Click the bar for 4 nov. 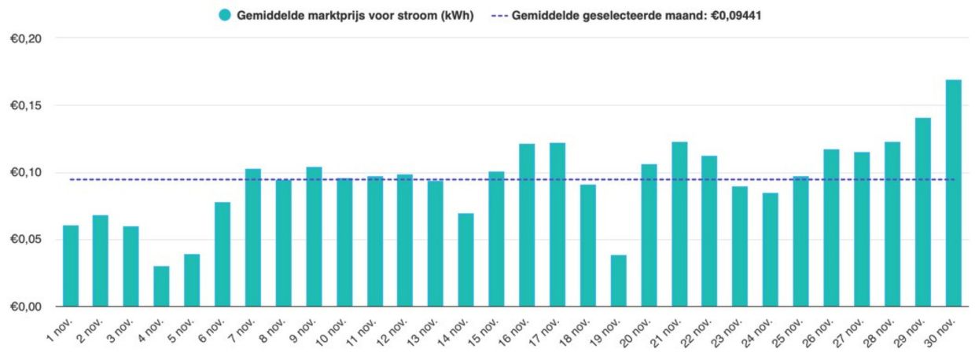click(161, 286)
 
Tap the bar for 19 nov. click(619, 281)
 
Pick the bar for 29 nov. click(922, 212)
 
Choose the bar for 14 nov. click(466, 259)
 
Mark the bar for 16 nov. click(527, 225)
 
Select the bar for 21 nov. click(679, 224)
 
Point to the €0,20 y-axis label click(26, 39)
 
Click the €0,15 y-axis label click(26, 105)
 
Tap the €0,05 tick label click(26, 239)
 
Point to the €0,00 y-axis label click(26, 307)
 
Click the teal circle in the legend click(225, 15)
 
